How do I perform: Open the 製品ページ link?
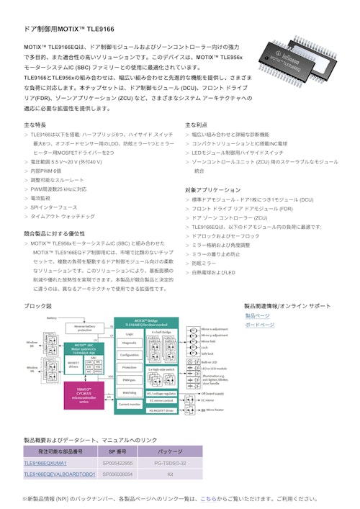(257, 315)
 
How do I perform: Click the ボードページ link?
(259, 325)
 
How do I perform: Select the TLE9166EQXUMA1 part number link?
(54, 463)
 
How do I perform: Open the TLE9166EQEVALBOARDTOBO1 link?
(60, 474)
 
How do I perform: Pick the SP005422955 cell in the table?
(119, 463)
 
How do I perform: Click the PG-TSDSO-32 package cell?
(170, 463)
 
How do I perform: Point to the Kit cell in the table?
(170, 474)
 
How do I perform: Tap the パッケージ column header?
(170, 451)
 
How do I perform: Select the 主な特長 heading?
(35, 125)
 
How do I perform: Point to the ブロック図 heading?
(37, 306)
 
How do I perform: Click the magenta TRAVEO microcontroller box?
(84, 396)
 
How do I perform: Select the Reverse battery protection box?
(84, 328)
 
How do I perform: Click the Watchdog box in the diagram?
(130, 392)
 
